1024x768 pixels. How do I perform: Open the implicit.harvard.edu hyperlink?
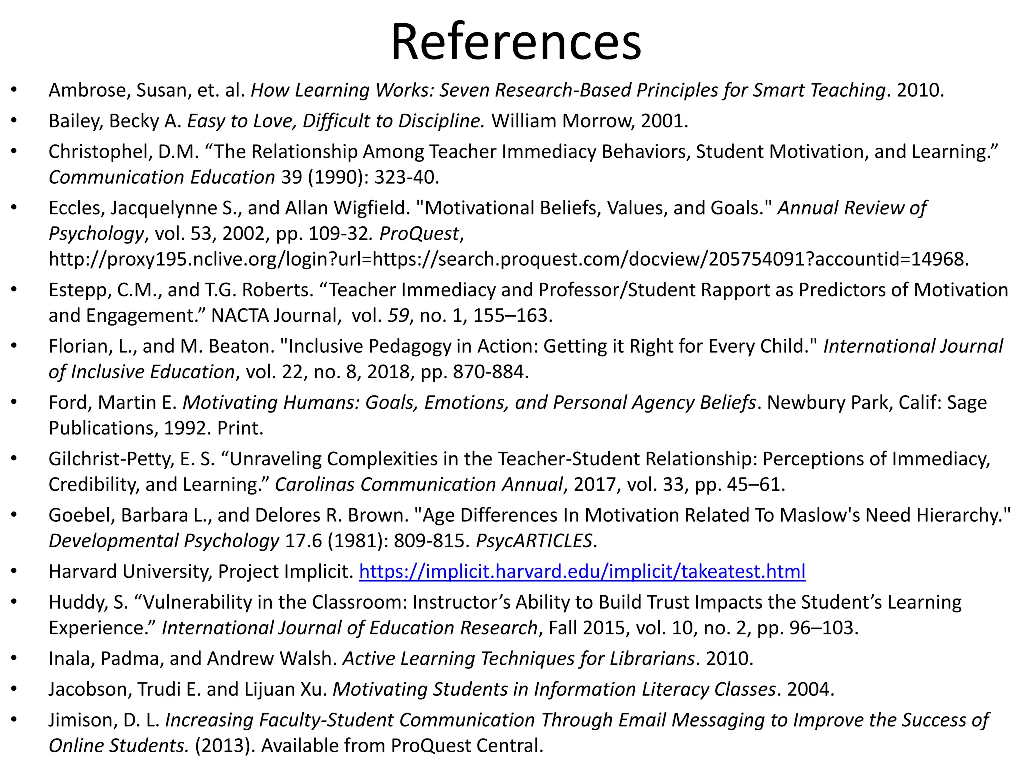582,571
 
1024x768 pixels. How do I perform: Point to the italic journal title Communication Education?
162,177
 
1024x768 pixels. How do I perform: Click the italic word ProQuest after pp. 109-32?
419,234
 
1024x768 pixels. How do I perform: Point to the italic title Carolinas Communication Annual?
419,485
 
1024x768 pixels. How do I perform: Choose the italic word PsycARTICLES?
534,541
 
